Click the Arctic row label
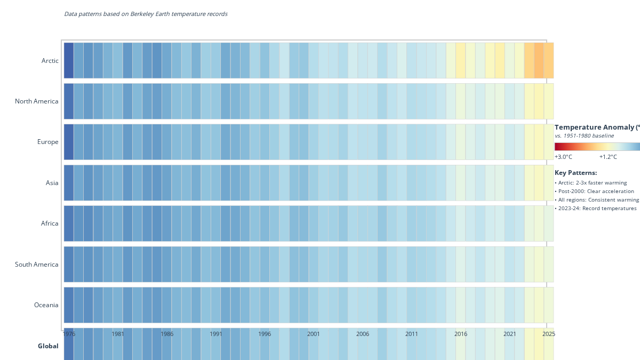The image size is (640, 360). click(x=50, y=61)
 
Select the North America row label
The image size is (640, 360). click(x=37, y=101)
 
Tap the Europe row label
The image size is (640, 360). click(x=48, y=142)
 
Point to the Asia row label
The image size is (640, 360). click(x=52, y=183)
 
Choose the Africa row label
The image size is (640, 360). click(x=50, y=223)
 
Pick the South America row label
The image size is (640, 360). click(x=37, y=265)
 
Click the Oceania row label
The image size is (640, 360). click(x=46, y=305)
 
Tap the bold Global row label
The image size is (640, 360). click(x=48, y=346)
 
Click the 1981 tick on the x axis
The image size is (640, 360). click(x=118, y=334)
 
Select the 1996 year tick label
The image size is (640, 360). click(x=265, y=334)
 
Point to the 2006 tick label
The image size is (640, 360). click(x=363, y=334)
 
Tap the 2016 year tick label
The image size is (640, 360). click(x=461, y=334)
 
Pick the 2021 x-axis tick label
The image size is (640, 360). click(x=510, y=334)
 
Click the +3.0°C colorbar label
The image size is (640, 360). click(x=563, y=157)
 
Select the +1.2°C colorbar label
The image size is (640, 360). click(x=608, y=157)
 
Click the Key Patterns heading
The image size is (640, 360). click(x=575, y=173)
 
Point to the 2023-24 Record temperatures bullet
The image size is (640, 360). click(x=596, y=208)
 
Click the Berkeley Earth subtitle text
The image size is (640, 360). click(x=146, y=14)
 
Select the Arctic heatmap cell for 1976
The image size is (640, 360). click(x=68, y=60)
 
